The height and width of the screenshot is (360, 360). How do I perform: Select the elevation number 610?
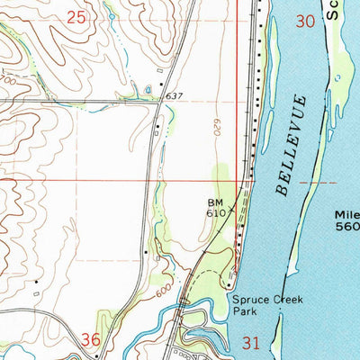point(214,215)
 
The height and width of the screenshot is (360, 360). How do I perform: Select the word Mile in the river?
point(346,215)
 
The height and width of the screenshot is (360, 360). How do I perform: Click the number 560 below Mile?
point(347,228)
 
